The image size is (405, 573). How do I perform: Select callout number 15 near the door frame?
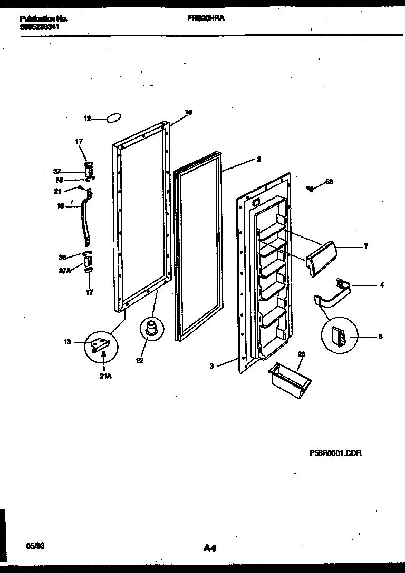point(188,112)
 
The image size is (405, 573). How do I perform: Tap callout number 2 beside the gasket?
point(258,159)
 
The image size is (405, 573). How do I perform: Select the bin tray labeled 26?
point(290,378)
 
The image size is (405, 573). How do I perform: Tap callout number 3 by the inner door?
point(211,365)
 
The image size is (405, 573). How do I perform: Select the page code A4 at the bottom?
point(209,548)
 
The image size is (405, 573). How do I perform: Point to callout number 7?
point(365,246)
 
